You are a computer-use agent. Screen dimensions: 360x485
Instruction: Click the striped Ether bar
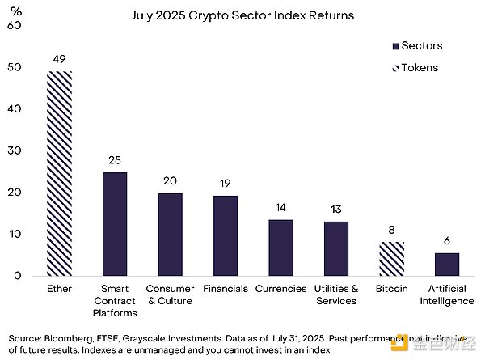tap(59, 173)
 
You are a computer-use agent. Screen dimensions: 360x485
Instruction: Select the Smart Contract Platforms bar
tap(115, 224)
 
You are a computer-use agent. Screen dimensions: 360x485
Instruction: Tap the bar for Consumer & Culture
tap(170, 235)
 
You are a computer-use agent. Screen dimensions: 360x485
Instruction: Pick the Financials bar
tap(226, 236)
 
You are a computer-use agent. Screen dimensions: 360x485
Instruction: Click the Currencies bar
tap(280, 248)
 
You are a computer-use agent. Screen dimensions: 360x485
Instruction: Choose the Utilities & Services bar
tap(336, 248)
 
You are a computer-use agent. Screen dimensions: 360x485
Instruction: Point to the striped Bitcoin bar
tap(391, 259)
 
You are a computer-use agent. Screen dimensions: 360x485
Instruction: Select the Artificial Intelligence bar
tap(447, 265)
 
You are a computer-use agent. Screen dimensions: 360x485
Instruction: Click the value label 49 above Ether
tap(59, 59)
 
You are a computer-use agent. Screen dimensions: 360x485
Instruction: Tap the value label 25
tap(115, 160)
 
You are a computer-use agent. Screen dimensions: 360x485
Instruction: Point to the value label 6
tap(447, 241)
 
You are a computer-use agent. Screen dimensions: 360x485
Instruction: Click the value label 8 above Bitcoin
tap(391, 230)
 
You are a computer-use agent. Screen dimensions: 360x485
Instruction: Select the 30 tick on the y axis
tap(13, 150)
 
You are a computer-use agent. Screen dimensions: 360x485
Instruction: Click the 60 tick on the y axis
tap(13, 25)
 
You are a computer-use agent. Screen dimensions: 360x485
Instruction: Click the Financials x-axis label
tap(226, 289)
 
